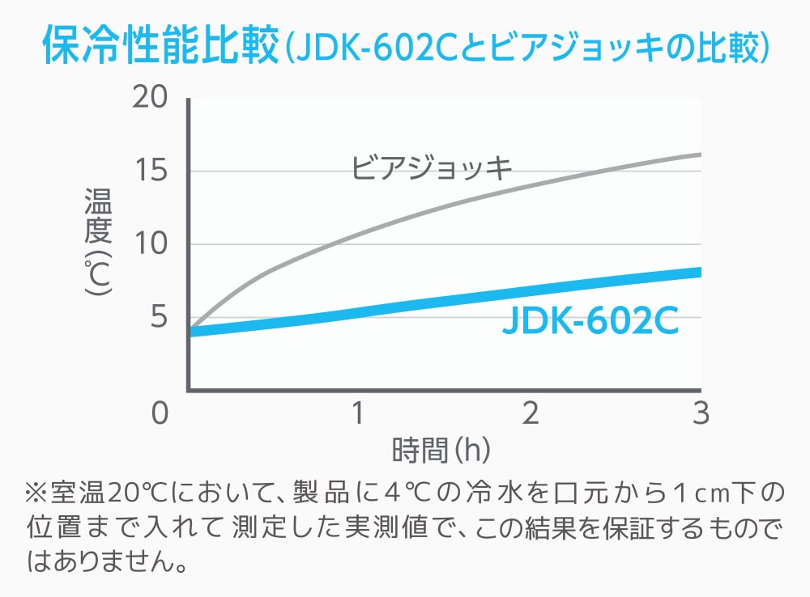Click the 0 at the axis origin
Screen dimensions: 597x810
point(160,413)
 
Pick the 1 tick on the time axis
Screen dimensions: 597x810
point(356,413)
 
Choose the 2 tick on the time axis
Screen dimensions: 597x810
point(530,413)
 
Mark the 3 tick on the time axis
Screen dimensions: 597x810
point(701,413)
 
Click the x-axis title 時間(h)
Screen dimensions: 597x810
point(441,450)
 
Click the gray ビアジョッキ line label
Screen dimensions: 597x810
point(432,169)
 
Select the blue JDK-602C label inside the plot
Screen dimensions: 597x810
point(590,321)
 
